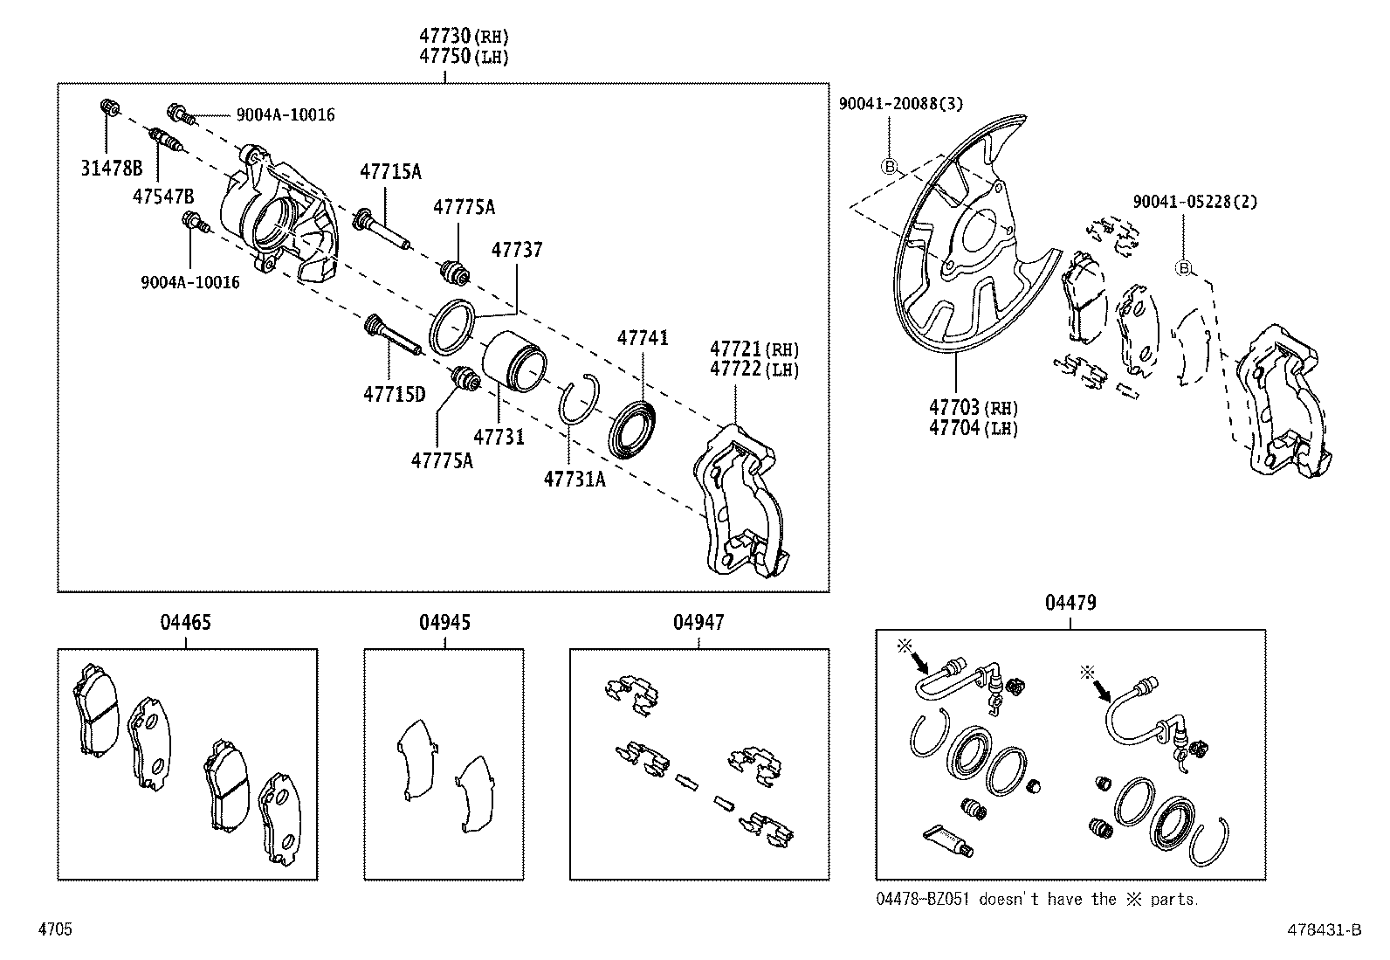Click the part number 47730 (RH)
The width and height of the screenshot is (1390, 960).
point(463,37)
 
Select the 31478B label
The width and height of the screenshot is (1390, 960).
point(111,169)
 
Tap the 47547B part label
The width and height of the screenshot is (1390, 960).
point(163,197)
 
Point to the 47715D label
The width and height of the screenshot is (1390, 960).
point(394,394)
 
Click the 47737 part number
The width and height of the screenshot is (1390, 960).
point(516,250)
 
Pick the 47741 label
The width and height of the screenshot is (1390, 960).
point(643,337)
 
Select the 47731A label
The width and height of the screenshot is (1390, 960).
point(574,479)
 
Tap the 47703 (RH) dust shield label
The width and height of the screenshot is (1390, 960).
point(973,408)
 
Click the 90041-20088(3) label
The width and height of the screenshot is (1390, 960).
point(900,104)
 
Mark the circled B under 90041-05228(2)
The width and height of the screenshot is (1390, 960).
point(1183,268)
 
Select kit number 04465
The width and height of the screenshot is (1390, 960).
point(185,623)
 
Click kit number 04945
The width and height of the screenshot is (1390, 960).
point(444,623)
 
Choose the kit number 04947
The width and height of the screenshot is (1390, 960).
point(698,623)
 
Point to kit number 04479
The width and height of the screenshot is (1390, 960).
point(1070,603)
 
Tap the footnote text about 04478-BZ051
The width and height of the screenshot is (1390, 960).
point(1037,899)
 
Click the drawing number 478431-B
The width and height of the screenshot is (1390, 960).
point(1325,931)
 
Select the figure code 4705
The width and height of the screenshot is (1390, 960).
point(55,929)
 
